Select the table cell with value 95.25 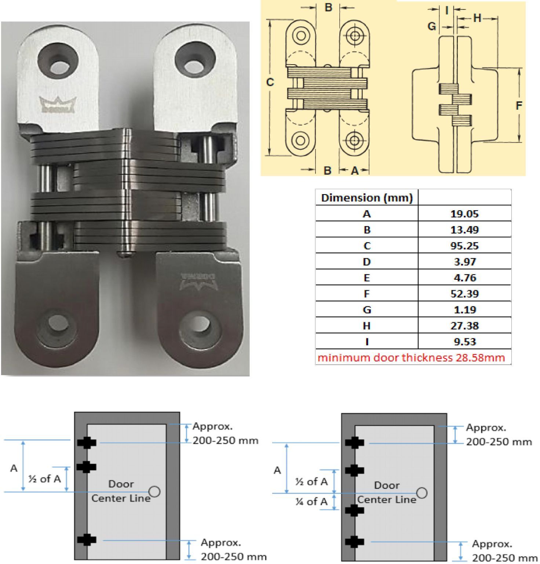click(x=464, y=245)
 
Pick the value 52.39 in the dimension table click(x=464, y=294)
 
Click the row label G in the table click(x=366, y=310)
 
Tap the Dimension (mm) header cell click(x=366, y=198)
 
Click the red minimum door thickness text click(x=411, y=357)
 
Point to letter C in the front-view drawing click(x=270, y=83)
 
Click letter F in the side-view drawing click(x=519, y=106)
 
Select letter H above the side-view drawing click(x=477, y=18)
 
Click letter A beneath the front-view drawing click(x=354, y=171)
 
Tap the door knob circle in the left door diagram click(x=155, y=491)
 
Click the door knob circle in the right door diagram click(x=422, y=492)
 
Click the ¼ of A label click(x=311, y=502)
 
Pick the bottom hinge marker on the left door click(x=87, y=540)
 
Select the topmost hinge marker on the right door click(x=354, y=443)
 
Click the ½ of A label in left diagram click(x=44, y=479)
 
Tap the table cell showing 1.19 click(x=464, y=310)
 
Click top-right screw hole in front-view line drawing click(x=354, y=36)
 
